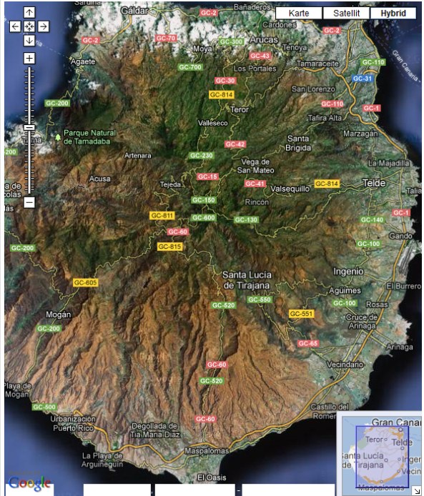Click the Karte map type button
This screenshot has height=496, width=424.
point(299,13)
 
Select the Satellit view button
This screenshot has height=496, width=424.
point(346,13)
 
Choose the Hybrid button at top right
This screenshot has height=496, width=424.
point(393,13)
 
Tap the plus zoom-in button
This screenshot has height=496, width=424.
point(29,58)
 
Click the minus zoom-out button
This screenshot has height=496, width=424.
point(29,202)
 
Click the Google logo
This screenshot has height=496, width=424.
point(29,483)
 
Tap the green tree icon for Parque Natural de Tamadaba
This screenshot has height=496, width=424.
point(58,136)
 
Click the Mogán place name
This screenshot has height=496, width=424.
point(58,314)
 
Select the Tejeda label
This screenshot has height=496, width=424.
point(170,184)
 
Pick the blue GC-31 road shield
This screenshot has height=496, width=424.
point(363,79)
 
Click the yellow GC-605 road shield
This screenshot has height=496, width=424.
point(85,283)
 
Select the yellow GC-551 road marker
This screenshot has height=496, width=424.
point(302,314)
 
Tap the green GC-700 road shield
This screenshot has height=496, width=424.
point(190,67)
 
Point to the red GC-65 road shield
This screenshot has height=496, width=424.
point(308,343)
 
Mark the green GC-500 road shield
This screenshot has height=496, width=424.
point(44,407)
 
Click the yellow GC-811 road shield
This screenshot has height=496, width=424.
point(162,215)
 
